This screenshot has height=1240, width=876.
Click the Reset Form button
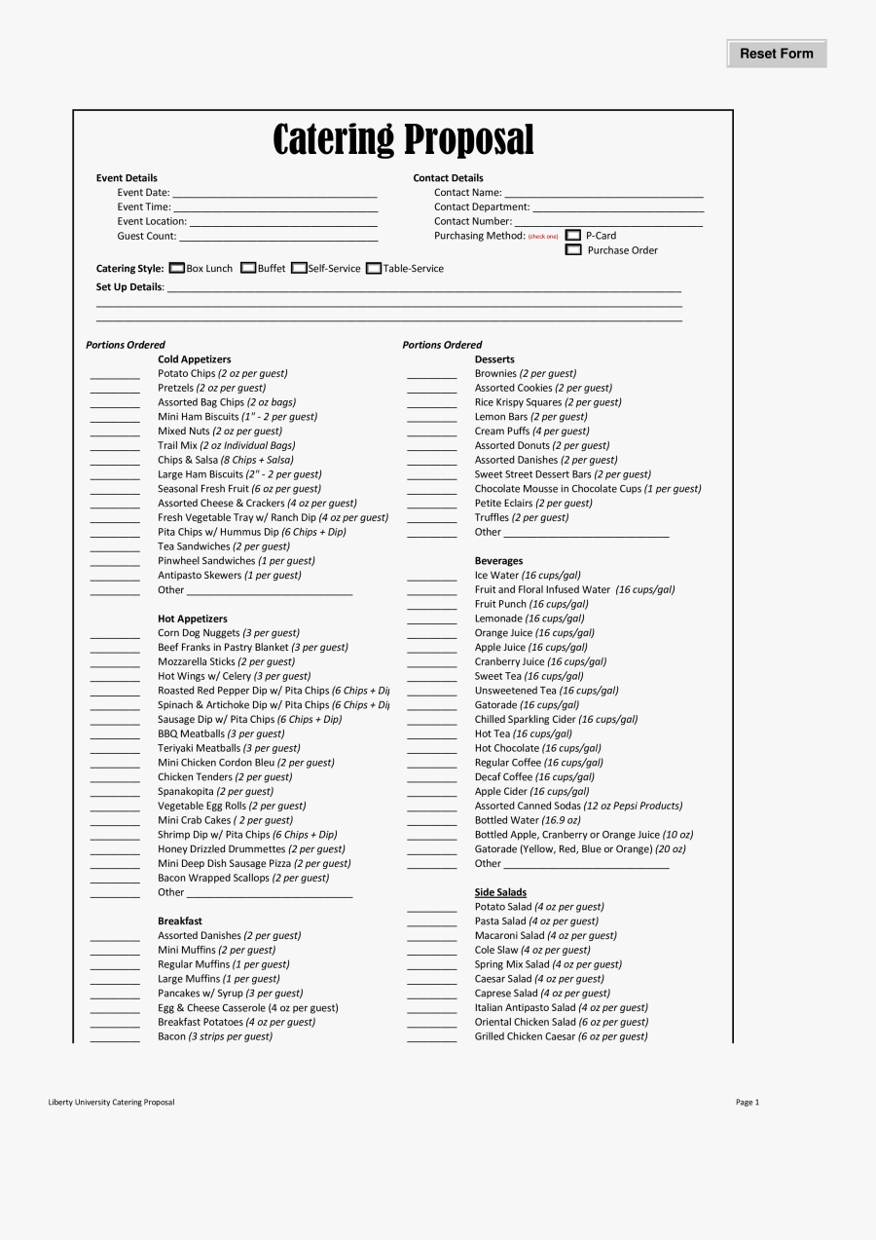tap(776, 54)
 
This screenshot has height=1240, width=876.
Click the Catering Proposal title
tap(403, 139)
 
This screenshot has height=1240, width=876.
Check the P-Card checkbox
tap(573, 236)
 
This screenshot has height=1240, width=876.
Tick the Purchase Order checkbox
tap(573, 250)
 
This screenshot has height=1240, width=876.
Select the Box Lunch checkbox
tap(177, 269)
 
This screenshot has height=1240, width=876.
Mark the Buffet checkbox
tap(248, 269)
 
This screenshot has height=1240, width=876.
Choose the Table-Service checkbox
tap(374, 269)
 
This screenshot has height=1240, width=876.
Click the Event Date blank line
tap(274, 194)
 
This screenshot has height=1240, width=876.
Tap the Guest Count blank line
tap(278, 238)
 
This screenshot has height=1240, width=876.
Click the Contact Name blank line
tap(603, 194)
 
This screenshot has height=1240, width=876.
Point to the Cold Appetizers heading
tap(195, 359)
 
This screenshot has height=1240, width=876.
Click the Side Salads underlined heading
tap(500, 892)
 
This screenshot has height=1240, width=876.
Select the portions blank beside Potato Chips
tap(115, 375)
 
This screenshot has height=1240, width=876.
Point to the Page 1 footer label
tap(747, 1103)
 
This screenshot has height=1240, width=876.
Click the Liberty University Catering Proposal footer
tap(112, 1103)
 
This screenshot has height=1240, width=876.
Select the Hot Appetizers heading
tap(193, 619)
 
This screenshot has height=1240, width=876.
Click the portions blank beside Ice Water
tap(431, 577)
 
